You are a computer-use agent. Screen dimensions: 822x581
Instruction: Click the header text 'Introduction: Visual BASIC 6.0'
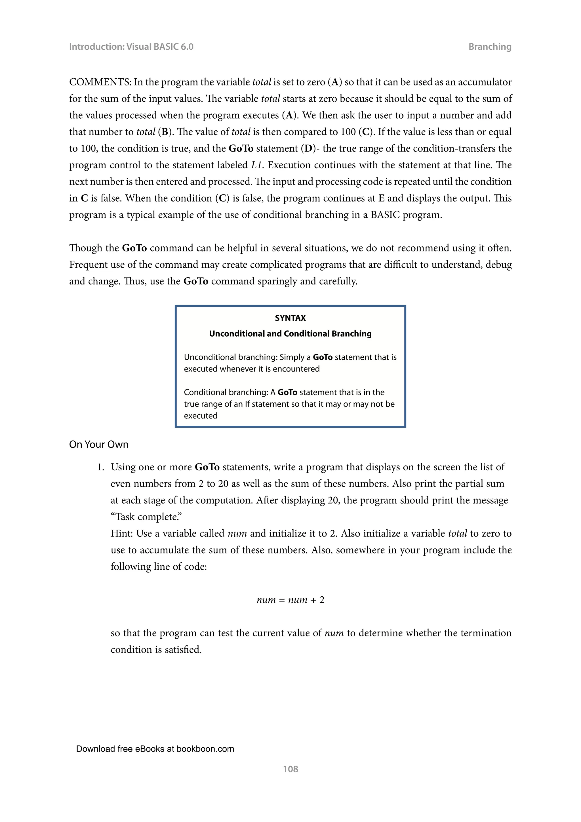pos(131,47)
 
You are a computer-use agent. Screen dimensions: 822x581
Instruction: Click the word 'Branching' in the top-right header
pos(489,47)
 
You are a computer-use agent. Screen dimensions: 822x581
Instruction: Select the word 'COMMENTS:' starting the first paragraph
pos(100,82)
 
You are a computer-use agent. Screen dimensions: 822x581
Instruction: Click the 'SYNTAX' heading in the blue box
pos(290,318)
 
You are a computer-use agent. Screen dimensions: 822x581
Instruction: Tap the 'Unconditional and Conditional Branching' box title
pos(290,334)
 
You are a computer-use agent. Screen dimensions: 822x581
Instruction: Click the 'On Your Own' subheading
pos(99,445)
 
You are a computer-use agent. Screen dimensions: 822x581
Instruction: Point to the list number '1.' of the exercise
pos(101,467)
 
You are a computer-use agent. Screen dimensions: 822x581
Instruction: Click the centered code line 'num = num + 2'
pos(290,600)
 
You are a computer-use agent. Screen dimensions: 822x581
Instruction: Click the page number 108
pos(290,769)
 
